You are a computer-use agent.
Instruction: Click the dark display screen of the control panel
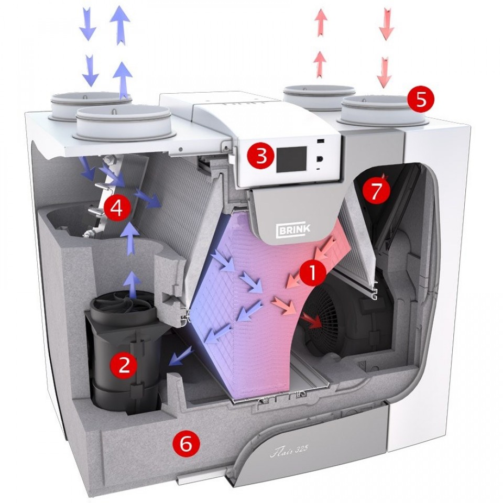click(x=292, y=157)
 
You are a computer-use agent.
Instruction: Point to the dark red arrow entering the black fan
click(x=315, y=322)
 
